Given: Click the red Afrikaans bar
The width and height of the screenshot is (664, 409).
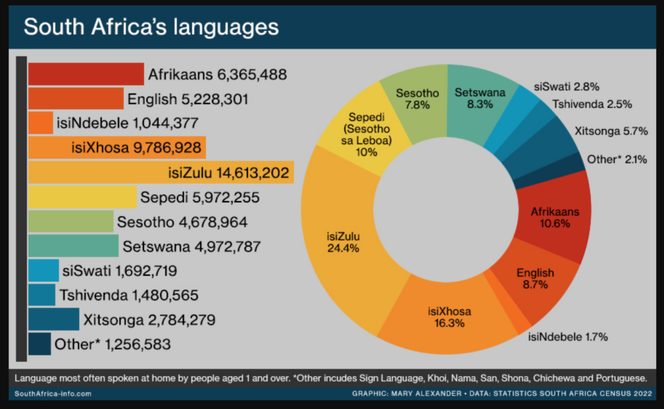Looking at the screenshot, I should [x=86, y=74].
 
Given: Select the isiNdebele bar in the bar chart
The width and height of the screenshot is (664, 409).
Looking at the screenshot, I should [x=40, y=123].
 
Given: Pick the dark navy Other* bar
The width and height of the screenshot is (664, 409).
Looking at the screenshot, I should [x=40, y=344].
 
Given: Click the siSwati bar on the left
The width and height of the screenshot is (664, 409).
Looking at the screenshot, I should [x=43, y=270].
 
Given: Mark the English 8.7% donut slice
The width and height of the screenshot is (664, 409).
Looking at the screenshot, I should [x=536, y=279].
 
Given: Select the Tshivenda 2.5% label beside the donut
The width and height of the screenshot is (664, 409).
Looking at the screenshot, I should [x=592, y=104].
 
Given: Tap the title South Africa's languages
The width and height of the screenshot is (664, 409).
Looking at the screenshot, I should [x=151, y=27].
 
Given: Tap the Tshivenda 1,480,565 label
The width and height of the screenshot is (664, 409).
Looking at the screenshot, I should [x=128, y=296].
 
